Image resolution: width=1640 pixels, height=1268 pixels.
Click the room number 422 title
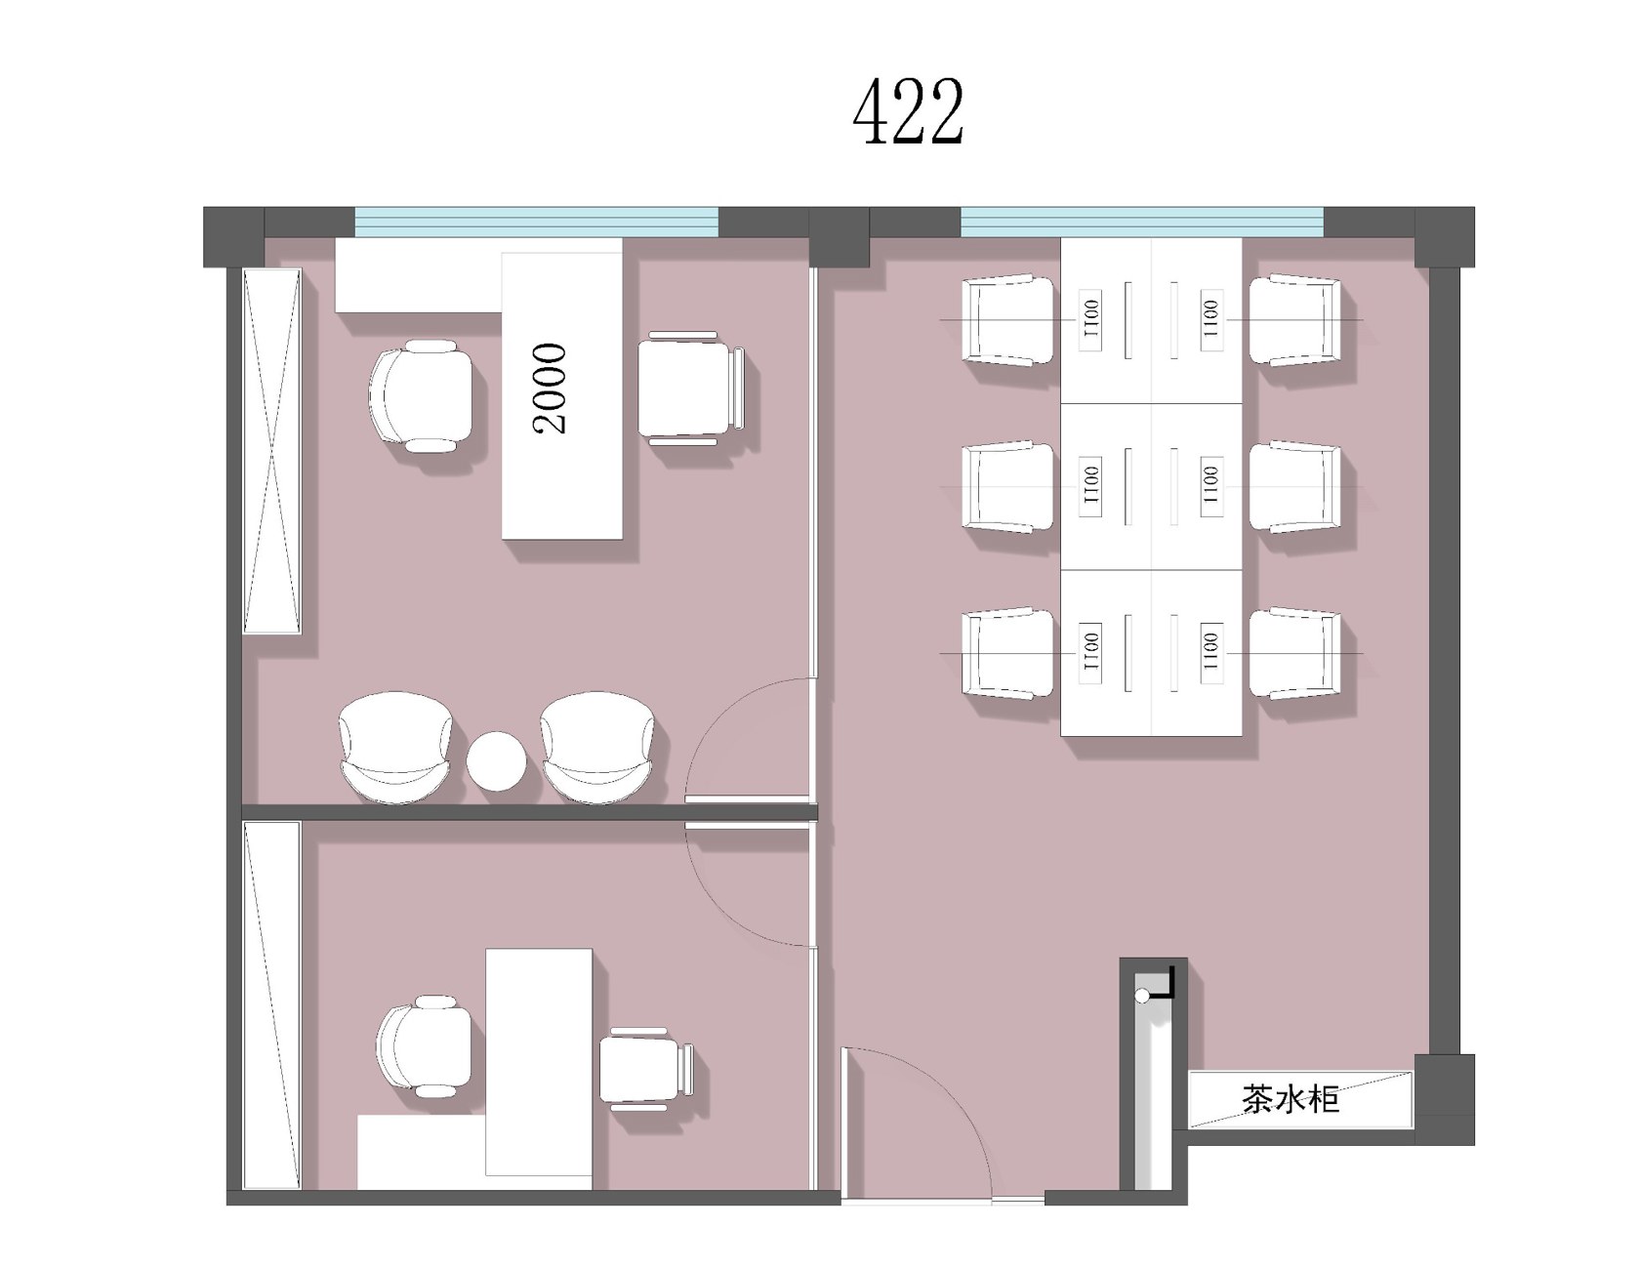[x=909, y=111]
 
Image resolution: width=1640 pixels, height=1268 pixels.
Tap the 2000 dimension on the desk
[x=551, y=388]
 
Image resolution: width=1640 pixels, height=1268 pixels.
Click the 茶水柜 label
[x=1291, y=1100]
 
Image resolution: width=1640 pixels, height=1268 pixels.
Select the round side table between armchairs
[x=496, y=760]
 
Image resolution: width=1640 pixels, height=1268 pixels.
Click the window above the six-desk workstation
[x=1142, y=222]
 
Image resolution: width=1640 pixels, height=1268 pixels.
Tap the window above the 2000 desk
[x=536, y=222]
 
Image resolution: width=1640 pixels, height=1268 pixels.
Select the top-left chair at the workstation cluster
[x=1008, y=320]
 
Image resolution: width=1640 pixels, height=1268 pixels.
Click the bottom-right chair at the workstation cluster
[x=1296, y=653]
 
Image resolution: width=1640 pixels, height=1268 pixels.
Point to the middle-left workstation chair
[x=1008, y=486]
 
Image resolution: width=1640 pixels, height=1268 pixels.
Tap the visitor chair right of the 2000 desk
[x=692, y=388]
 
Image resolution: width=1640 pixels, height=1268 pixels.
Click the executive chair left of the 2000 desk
[x=422, y=395]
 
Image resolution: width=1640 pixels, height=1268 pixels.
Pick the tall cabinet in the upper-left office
[x=271, y=451]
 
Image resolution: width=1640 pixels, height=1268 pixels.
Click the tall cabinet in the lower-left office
[x=271, y=1004]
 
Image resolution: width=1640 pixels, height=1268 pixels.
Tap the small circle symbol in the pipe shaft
[x=1142, y=996]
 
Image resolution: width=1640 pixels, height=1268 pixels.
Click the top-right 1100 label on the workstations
[x=1210, y=318]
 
